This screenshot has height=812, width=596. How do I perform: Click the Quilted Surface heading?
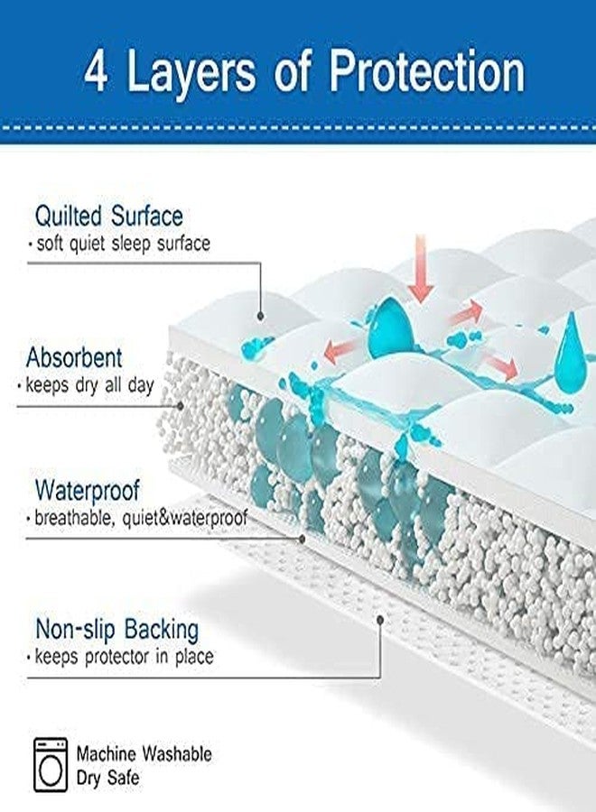pyautogui.click(x=108, y=217)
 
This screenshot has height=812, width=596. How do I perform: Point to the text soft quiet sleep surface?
pyautogui.click(x=119, y=244)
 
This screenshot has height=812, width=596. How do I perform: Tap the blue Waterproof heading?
pyautogui.click(x=88, y=492)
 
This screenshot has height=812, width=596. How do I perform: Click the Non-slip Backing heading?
pyautogui.click(x=116, y=629)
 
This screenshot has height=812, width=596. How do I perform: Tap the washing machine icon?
pyautogui.click(x=51, y=765)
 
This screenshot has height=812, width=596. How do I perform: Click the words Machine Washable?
pyautogui.click(x=144, y=753)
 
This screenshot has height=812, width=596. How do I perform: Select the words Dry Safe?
pyautogui.click(x=108, y=777)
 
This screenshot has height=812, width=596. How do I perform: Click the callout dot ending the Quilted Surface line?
pyautogui.click(x=262, y=318)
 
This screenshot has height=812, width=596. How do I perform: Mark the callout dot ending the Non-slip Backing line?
pyautogui.click(x=381, y=621)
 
